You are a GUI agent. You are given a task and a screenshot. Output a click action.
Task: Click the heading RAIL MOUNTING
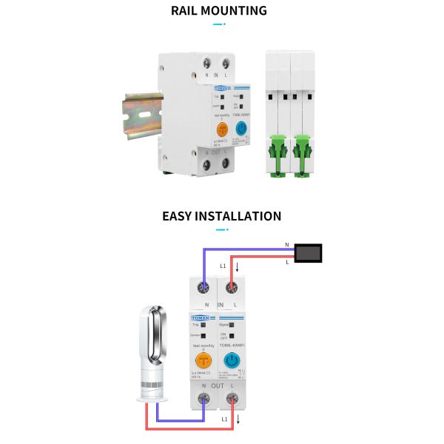tap(219, 11)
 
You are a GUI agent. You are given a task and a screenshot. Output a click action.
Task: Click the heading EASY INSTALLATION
tap(221, 216)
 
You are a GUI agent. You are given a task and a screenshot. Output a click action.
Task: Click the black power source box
tap(309, 253)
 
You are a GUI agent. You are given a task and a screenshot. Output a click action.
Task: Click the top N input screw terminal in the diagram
tap(203, 289)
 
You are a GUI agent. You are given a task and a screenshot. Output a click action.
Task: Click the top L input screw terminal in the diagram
tap(232, 289)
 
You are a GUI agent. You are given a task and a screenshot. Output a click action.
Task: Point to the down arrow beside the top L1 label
tap(237, 266)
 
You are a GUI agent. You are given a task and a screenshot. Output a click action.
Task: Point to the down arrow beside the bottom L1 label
tap(238, 420)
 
